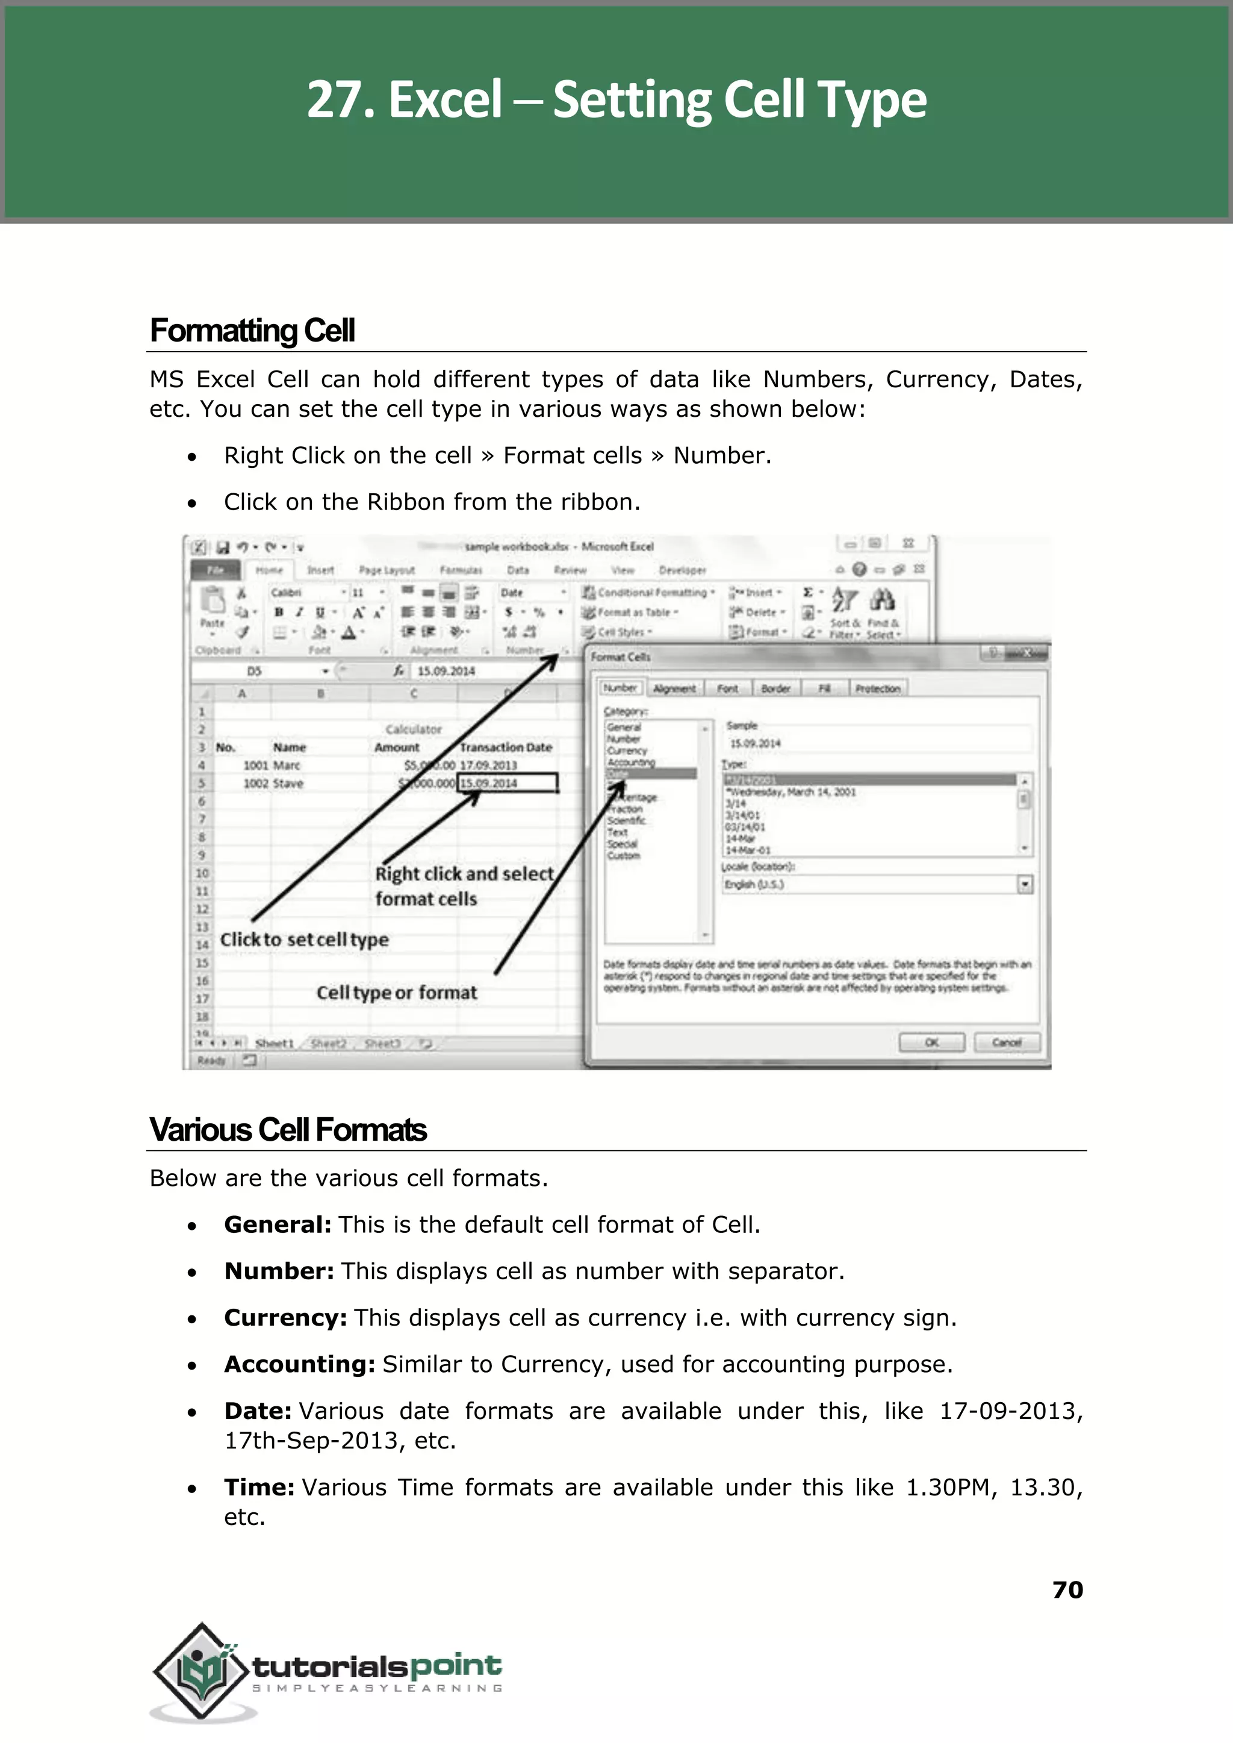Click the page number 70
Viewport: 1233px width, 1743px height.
coord(1067,1589)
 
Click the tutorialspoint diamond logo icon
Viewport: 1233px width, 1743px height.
coord(201,1671)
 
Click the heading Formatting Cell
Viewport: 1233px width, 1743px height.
coord(252,331)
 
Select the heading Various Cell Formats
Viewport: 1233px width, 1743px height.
coord(288,1130)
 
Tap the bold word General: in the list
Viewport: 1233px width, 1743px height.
coord(277,1225)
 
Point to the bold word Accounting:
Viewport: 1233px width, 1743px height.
coord(299,1365)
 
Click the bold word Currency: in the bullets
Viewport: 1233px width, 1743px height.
coord(285,1318)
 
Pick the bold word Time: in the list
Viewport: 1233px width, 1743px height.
coord(259,1487)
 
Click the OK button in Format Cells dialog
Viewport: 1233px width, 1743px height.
coord(931,1042)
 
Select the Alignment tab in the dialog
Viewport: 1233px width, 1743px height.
coord(674,688)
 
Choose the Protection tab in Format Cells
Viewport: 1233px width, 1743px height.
coord(877,688)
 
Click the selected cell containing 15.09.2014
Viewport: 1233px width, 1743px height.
coord(506,782)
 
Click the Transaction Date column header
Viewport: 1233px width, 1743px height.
coord(506,747)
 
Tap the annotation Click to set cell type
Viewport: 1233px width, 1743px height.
coord(303,940)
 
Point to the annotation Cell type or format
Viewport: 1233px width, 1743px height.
coord(396,993)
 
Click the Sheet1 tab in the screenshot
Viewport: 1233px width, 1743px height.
coord(274,1044)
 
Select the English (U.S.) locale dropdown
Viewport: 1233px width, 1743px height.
coord(877,884)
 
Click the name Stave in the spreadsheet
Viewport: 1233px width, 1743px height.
coord(288,783)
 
